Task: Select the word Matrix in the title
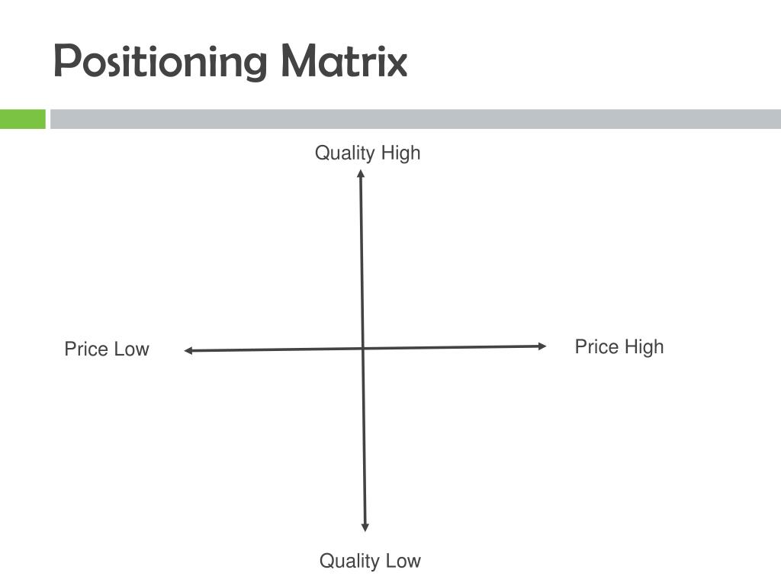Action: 344,61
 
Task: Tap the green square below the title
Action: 22,119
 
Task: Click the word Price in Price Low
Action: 86,349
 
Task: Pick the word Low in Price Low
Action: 131,349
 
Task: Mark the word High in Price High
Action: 644,347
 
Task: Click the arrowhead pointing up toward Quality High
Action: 361,173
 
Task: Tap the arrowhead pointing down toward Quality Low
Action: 365,527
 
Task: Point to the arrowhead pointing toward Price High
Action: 542,346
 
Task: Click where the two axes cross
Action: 363,349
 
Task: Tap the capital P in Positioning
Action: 64,61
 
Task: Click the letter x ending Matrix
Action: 397,63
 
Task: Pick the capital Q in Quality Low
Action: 326,562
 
